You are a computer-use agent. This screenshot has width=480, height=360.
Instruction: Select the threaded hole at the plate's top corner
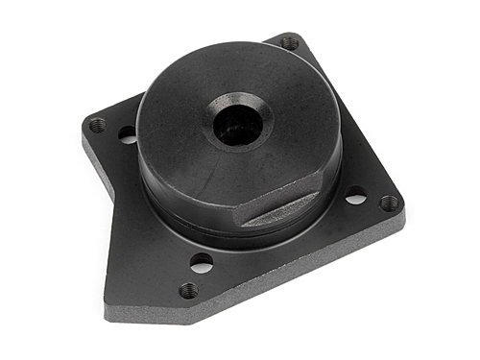[289, 42]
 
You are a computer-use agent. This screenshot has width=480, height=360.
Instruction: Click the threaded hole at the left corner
[97, 125]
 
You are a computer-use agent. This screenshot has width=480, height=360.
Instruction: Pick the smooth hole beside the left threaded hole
[128, 135]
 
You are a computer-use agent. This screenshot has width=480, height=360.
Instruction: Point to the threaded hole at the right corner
[389, 203]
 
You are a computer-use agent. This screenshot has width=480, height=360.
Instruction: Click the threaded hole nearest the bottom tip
[189, 289]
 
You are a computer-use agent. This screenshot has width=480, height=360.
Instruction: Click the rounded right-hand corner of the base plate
[399, 213]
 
